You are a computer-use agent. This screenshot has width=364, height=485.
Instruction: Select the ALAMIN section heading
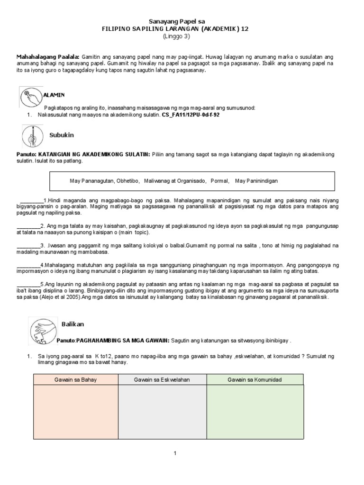pos(54,95)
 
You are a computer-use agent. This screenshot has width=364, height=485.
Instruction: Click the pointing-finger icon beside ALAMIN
pos(31,97)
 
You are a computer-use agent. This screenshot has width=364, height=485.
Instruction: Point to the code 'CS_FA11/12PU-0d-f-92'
pos(191,115)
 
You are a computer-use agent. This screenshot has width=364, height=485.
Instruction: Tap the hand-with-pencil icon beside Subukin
pos(33,136)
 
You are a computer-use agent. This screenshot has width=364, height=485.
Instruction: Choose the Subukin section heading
pos(62,135)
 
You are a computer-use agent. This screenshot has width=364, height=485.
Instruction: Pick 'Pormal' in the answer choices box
pos(219,181)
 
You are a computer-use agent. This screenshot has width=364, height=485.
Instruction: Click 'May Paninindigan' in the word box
pos(256,181)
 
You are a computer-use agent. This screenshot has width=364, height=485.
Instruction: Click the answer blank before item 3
pos(28,245)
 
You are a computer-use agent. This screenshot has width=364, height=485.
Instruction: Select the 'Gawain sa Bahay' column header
pos(75,380)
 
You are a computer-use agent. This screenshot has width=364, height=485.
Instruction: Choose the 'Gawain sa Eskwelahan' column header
pos(162,380)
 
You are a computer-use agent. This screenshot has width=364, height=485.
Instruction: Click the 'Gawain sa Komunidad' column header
pos(255,380)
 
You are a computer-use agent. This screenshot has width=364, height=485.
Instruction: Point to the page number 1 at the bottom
pos(175,453)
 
